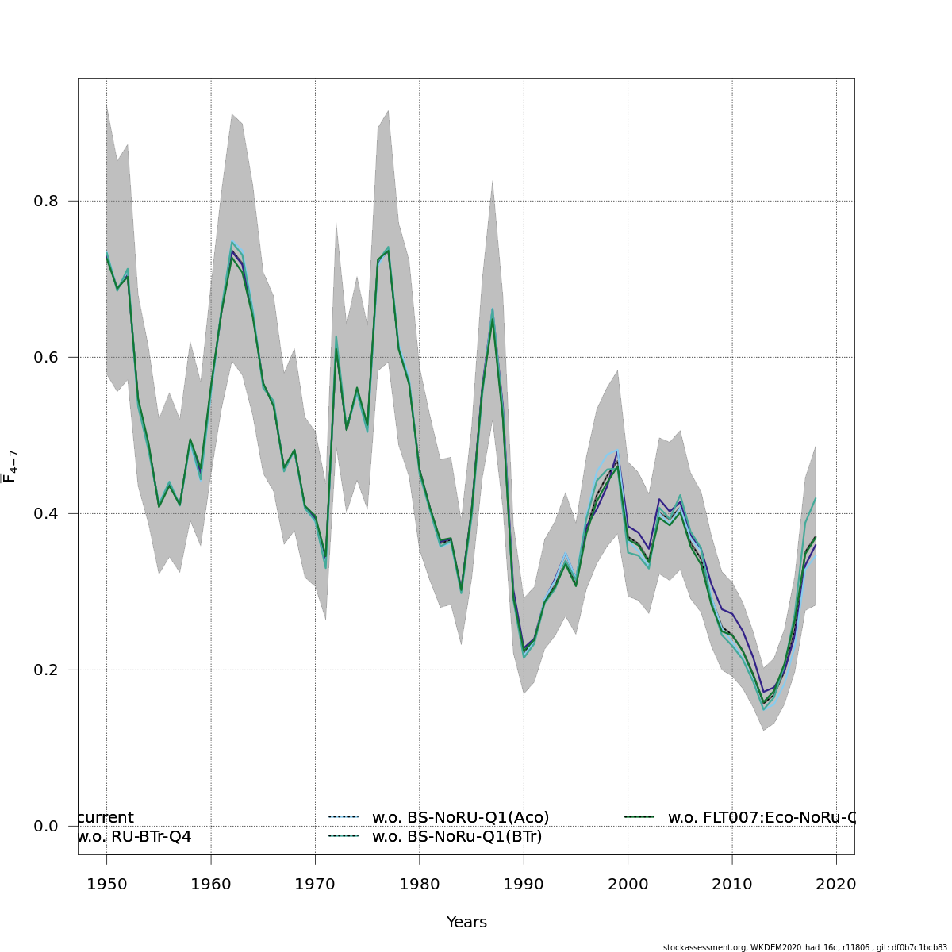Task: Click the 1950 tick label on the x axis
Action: (106, 884)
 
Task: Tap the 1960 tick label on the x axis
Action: (211, 884)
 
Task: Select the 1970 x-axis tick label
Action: (315, 884)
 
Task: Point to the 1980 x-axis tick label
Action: (420, 884)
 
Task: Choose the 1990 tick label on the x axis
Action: (524, 884)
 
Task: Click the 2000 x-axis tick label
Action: (628, 884)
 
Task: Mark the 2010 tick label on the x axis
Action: (732, 884)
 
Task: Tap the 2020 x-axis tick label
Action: (837, 884)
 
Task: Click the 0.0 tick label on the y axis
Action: (46, 827)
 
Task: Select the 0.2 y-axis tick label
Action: (46, 670)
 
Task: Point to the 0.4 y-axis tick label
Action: (46, 514)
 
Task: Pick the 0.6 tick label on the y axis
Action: (46, 358)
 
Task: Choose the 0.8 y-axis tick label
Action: (46, 202)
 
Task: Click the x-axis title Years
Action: (466, 923)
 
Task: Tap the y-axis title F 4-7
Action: (10, 466)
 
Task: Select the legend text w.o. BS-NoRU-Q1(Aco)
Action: (460, 817)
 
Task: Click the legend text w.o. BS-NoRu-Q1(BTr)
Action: (457, 836)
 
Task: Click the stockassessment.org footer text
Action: (804, 947)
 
